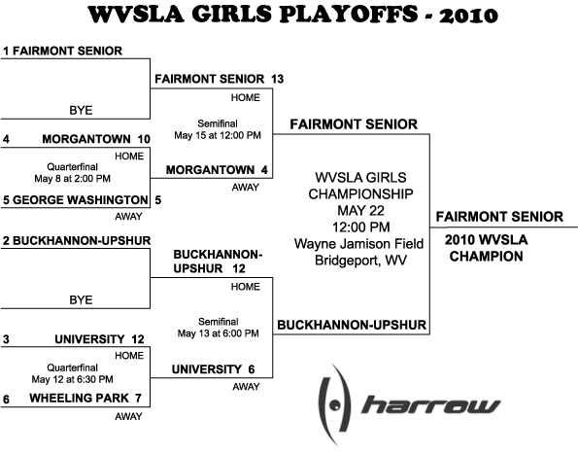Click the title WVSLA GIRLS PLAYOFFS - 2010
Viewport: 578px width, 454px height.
click(x=293, y=15)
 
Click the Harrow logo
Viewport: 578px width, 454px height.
click(x=407, y=405)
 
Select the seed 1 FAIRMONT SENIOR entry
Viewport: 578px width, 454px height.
click(x=63, y=51)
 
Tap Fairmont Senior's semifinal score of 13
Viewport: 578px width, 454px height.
click(x=278, y=79)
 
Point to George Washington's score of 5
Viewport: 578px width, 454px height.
click(x=157, y=200)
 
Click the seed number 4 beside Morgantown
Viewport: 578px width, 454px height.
click(x=6, y=139)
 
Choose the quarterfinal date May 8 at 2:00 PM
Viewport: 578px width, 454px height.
click(x=72, y=179)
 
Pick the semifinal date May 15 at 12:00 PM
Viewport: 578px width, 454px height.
click(x=218, y=136)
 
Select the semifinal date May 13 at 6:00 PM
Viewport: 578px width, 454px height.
click(x=219, y=333)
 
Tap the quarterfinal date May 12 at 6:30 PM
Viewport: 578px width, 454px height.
click(x=72, y=379)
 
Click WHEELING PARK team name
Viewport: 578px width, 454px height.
click(x=79, y=399)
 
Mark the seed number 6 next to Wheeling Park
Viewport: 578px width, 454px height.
click(x=6, y=400)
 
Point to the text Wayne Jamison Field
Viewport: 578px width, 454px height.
click(x=359, y=244)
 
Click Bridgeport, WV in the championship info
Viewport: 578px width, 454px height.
click(x=360, y=261)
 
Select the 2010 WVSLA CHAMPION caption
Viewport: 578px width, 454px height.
click(x=487, y=248)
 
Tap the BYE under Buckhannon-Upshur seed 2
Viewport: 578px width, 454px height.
click(x=81, y=300)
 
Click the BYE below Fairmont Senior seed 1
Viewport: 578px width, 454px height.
click(x=81, y=111)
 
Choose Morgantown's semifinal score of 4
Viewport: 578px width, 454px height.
click(x=264, y=170)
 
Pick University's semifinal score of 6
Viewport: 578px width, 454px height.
click(x=252, y=369)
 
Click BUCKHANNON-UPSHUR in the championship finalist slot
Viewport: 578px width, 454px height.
click(x=352, y=326)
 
